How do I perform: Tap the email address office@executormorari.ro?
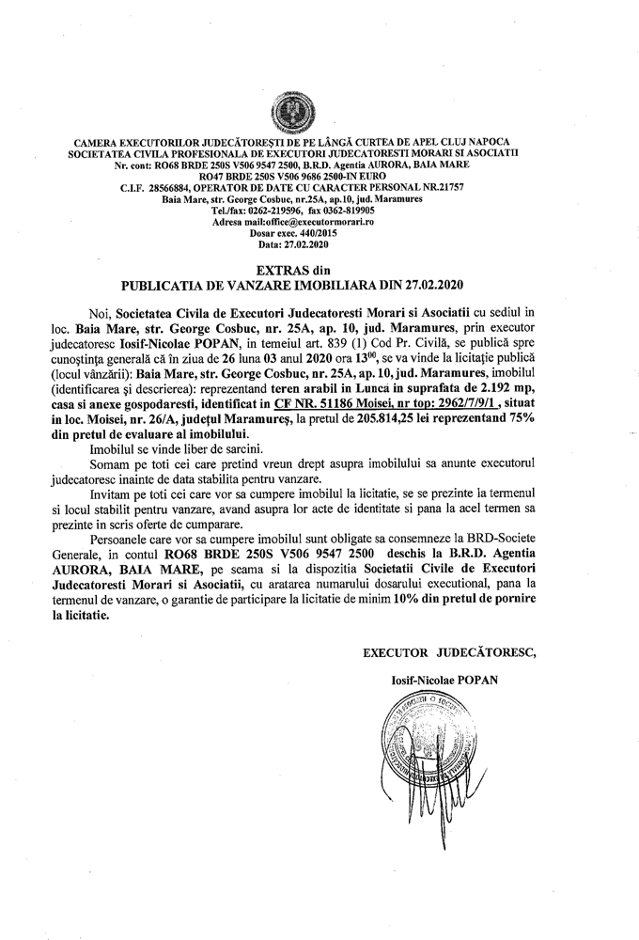click(x=320, y=221)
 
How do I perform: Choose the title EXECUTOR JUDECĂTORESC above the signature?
click(x=449, y=650)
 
